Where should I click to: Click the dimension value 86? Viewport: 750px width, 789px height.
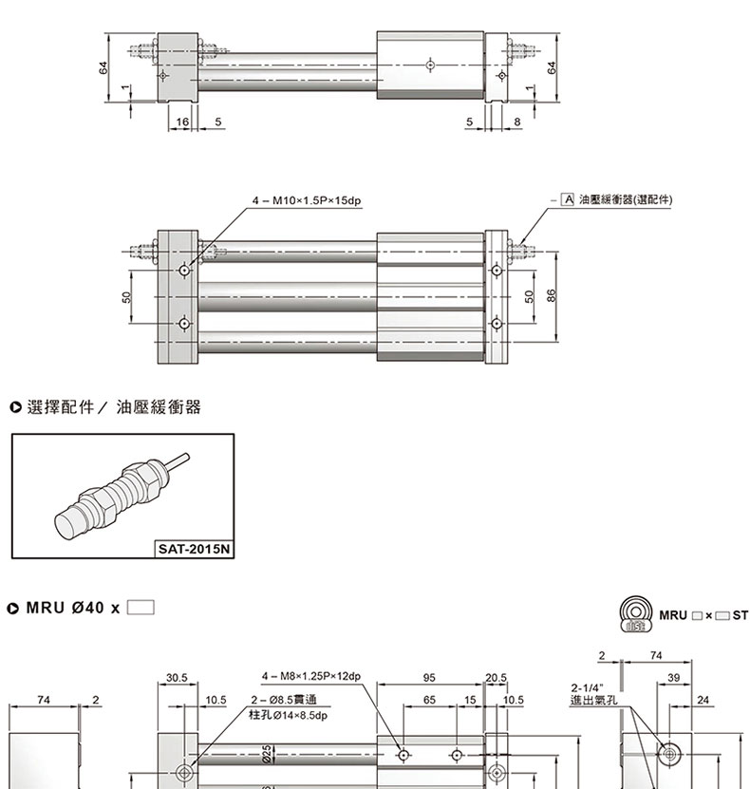(552, 296)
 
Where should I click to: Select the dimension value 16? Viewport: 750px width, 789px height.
(182, 122)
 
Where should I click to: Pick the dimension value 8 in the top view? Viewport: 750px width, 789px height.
(517, 122)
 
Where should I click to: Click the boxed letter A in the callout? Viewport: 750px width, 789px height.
(568, 200)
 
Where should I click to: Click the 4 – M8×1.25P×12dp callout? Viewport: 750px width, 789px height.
(310, 677)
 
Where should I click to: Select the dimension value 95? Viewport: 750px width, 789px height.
(429, 678)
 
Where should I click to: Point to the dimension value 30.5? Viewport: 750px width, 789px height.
(177, 678)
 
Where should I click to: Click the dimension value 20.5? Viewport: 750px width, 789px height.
(496, 678)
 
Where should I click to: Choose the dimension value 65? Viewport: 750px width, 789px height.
(430, 700)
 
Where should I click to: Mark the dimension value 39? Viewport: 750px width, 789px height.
(673, 678)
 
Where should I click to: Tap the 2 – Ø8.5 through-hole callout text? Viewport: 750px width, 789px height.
(275, 700)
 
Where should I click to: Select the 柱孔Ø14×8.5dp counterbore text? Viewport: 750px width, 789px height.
(288, 715)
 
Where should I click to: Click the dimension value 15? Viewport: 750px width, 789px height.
(470, 700)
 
